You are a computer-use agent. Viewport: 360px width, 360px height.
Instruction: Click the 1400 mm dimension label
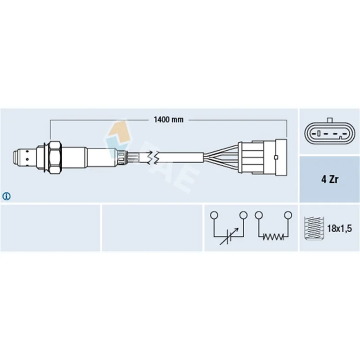[x=168, y=120]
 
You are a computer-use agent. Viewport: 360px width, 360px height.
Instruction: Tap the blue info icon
[x=6, y=196]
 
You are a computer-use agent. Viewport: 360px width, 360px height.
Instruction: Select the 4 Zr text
[x=330, y=179]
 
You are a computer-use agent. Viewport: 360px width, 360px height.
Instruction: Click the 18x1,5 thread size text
[x=339, y=228]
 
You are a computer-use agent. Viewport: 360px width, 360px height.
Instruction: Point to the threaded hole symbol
[x=314, y=229]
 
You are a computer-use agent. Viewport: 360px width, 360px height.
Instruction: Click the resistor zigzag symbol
[x=273, y=237]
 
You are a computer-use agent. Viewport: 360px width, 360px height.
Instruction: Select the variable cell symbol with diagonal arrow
[x=229, y=237]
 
